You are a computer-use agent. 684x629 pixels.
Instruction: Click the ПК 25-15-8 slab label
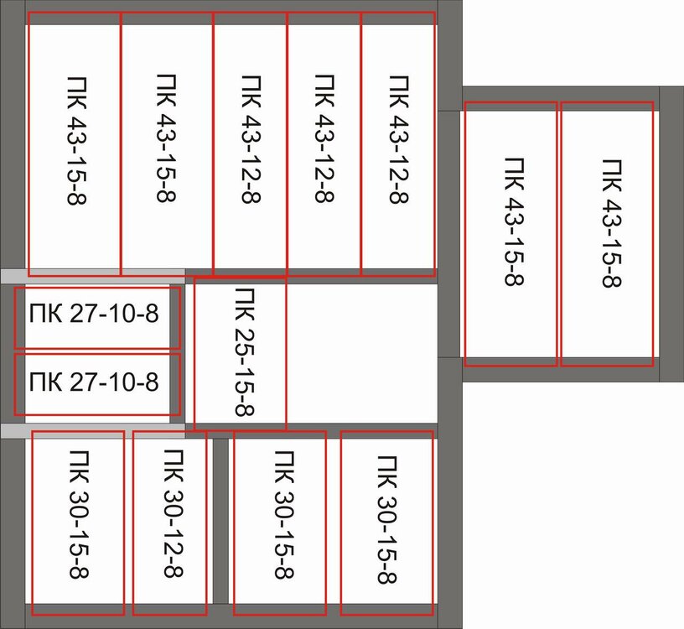[x=245, y=353]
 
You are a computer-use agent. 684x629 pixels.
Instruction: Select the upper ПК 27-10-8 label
[x=93, y=315]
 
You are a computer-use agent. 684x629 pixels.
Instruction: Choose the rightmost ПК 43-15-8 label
[x=611, y=222]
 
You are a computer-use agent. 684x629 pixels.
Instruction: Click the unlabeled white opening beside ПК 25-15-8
[x=362, y=352]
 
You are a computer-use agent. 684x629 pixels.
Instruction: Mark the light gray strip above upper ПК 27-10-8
[x=92, y=276]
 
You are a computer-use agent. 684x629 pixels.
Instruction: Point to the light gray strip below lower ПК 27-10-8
[x=92, y=430]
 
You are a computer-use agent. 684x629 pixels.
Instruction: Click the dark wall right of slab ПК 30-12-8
[x=220, y=520]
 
